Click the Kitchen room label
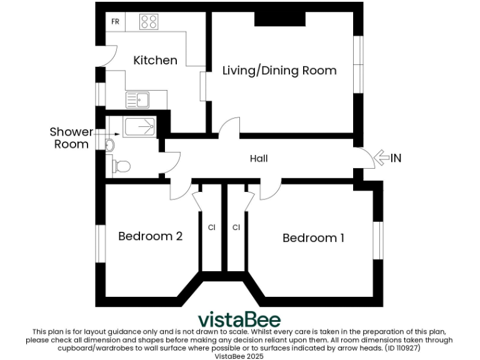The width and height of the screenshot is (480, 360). (155, 61)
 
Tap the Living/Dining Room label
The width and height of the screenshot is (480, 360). (279, 71)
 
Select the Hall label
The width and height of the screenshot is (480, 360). (259, 159)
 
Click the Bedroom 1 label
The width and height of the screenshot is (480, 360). (313, 238)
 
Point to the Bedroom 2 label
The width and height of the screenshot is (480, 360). (150, 236)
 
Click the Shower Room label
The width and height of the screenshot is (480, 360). (71, 138)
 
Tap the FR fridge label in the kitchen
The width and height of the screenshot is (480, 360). (115, 22)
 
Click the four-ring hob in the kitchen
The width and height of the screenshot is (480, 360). (149, 22)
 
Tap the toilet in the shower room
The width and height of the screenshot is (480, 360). (121, 166)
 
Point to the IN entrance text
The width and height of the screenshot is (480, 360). (396, 159)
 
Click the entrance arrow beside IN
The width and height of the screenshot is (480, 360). (381, 159)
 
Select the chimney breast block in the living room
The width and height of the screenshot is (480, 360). (279, 19)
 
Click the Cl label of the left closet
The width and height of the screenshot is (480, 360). (211, 227)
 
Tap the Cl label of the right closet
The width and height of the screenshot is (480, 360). (236, 227)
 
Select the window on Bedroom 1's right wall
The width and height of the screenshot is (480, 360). (377, 239)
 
